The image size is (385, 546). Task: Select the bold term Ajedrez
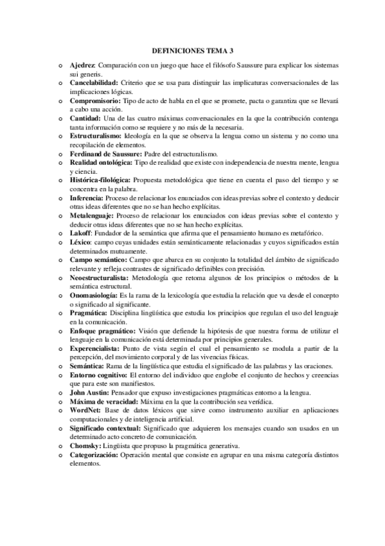(x=82, y=66)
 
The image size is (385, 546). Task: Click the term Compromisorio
(x=94, y=101)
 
